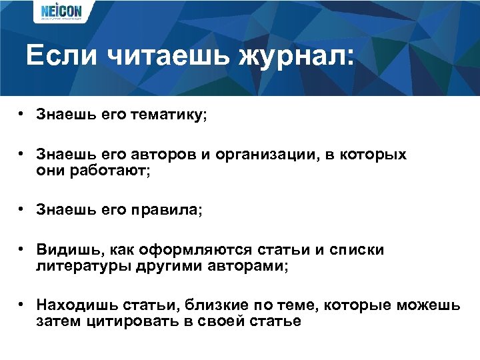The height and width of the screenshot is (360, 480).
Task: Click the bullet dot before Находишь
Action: [22, 304]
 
